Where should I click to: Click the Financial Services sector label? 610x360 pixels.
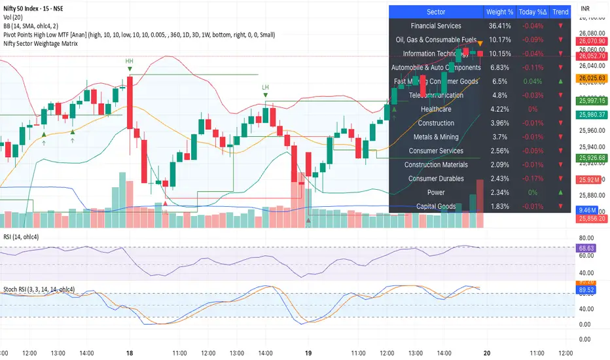(436, 26)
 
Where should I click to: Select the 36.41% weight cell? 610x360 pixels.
(499, 26)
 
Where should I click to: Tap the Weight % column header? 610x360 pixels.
(499, 12)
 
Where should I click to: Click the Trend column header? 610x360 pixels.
(560, 12)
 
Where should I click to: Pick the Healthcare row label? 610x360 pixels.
(436, 109)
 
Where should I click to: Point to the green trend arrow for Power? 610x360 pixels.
(560, 192)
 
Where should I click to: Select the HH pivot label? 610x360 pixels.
(130, 61)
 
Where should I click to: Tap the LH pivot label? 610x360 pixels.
(266, 87)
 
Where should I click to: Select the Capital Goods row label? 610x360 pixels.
(436, 207)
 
